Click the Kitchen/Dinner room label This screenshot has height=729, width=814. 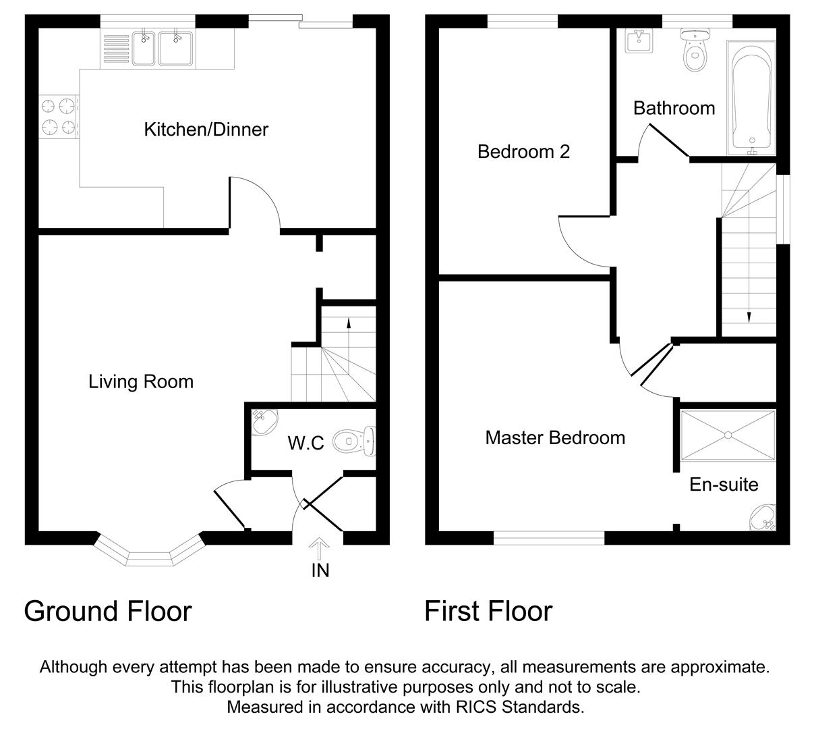tap(206, 129)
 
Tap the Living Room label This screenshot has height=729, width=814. tap(141, 382)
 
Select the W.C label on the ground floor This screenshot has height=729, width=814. tap(306, 443)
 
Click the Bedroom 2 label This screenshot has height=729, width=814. tap(523, 151)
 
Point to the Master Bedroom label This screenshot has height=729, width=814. tap(555, 438)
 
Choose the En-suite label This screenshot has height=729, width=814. tap(724, 485)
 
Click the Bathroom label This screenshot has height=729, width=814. tap(674, 108)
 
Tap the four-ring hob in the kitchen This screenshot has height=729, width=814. tap(57, 116)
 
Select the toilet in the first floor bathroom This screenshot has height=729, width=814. tap(693, 49)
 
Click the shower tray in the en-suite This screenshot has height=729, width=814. tap(728, 435)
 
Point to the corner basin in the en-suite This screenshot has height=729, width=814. tap(765, 517)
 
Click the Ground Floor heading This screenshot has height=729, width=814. tap(108, 612)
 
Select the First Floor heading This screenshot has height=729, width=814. tap(488, 612)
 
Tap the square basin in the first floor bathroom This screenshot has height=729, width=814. tap(638, 42)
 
